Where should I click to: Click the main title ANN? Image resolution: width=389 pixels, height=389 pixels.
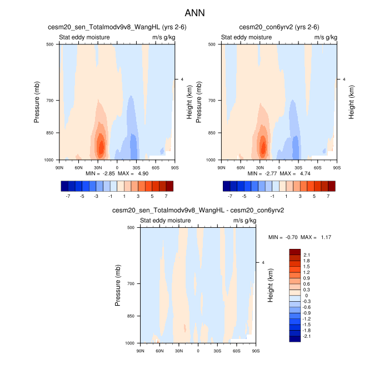[x=194, y=12]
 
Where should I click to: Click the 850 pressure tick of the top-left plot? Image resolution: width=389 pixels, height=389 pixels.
[x=49, y=133]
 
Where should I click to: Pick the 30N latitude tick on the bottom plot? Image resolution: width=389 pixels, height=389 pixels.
[x=179, y=351]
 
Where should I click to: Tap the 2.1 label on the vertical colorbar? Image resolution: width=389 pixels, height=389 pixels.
[x=307, y=255]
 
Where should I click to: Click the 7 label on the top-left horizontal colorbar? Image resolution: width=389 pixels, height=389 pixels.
[x=166, y=196]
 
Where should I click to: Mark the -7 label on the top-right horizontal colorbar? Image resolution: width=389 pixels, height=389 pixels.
[x=230, y=196]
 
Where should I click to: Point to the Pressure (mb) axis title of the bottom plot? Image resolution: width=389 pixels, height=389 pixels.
[x=118, y=285]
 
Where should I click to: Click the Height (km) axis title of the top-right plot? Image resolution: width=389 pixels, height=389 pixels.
[x=352, y=102]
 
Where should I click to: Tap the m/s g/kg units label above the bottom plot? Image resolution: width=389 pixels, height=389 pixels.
[x=245, y=221]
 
